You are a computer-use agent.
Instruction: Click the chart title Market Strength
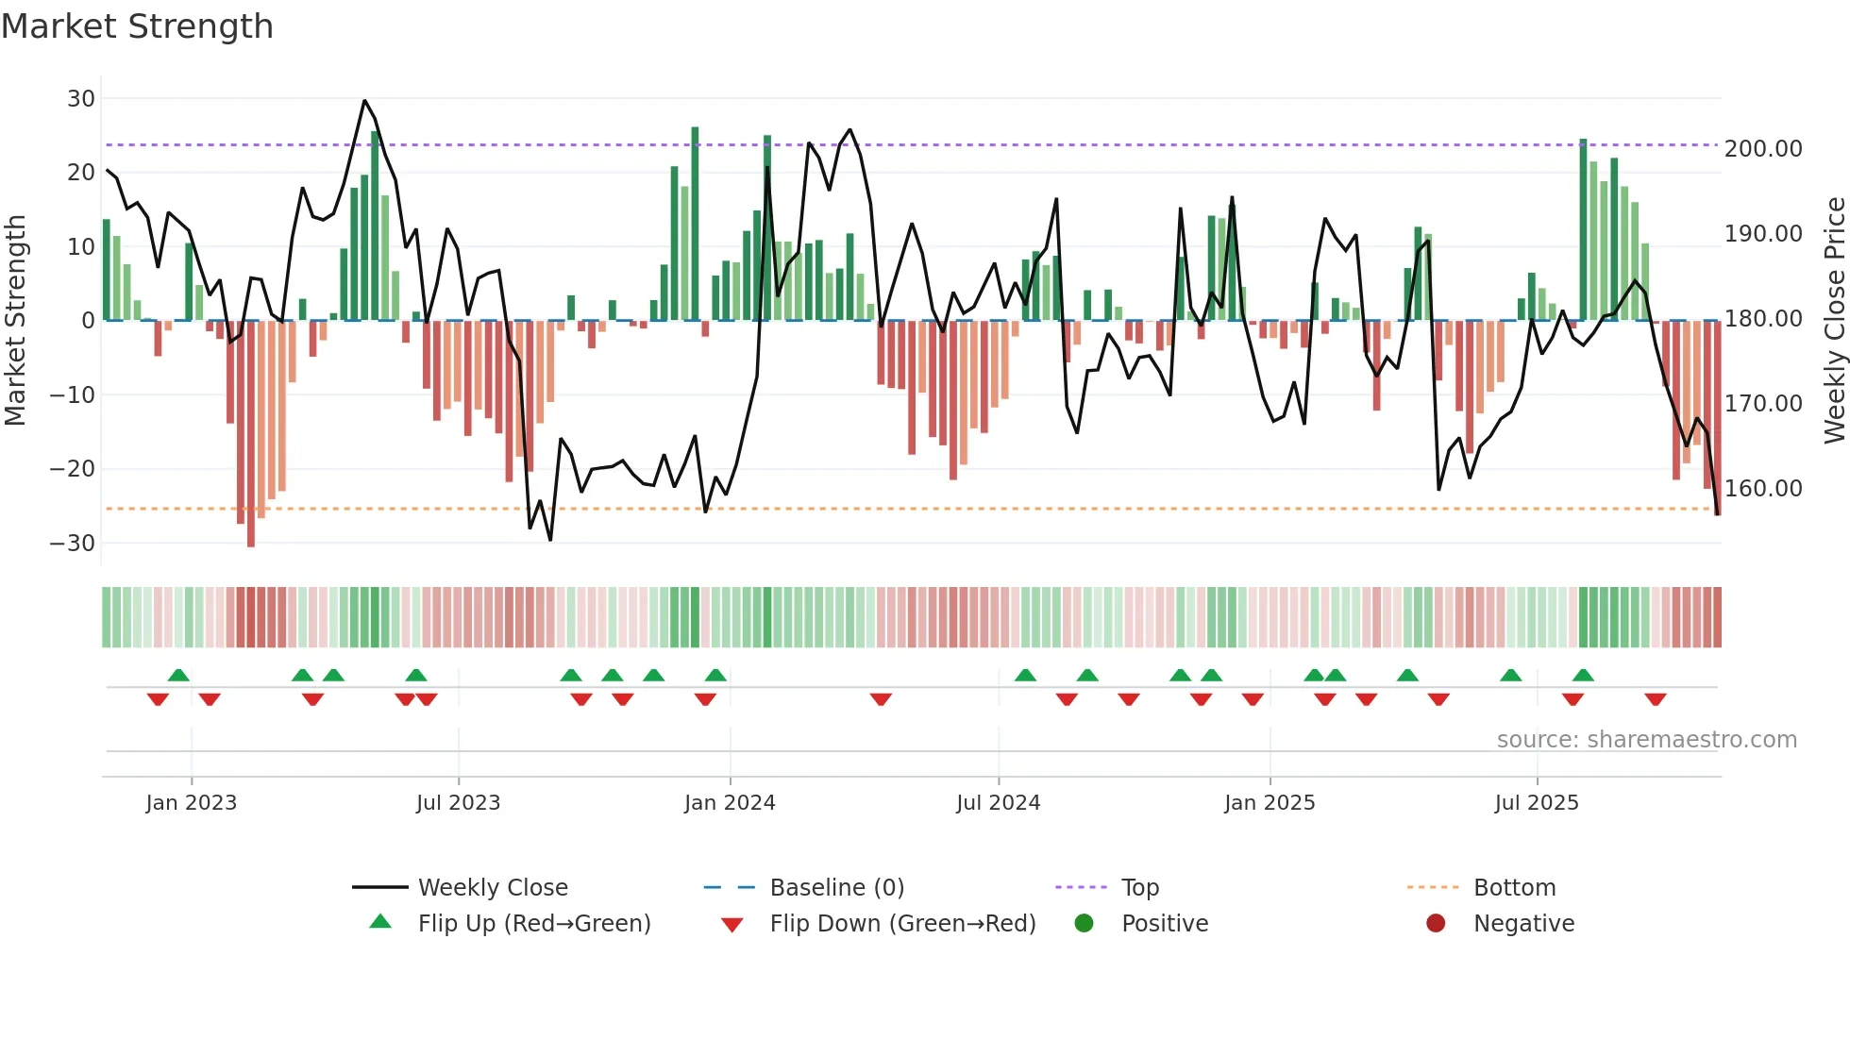(x=137, y=26)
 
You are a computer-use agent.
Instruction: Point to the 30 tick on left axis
(x=81, y=99)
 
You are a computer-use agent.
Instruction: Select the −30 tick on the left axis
(x=73, y=544)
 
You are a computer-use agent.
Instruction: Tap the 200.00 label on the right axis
(x=1762, y=149)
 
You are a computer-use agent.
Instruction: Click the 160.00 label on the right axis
(x=1762, y=489)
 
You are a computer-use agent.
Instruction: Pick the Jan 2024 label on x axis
(x=729, y=803)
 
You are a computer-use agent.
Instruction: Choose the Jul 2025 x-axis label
(x=1536, y=803)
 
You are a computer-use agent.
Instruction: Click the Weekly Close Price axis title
(x=1834, y=320)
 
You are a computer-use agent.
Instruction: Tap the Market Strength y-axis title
(x=16, y=320)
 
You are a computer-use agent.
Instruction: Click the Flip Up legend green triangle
(x=380, y=922)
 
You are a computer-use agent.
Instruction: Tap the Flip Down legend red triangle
(x=732, y=925)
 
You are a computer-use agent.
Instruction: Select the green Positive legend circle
(x=1084, y=924)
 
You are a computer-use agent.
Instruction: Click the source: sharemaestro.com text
(x=1646, y=740)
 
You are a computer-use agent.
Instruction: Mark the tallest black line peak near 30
(x=364, y=101)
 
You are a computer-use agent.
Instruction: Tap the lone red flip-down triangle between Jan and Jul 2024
(x=881, y=699)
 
